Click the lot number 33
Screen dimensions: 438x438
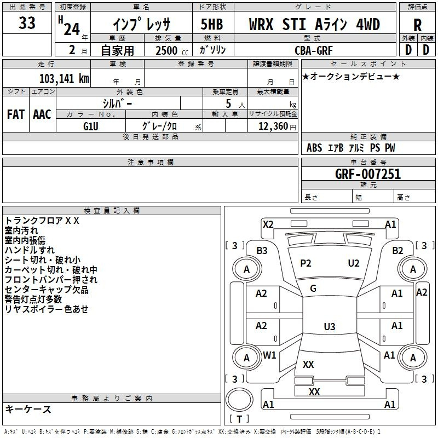coord(27,22)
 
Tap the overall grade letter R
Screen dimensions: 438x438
coord(417,25)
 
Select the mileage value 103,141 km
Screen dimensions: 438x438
coord(64,79)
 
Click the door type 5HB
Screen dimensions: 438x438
coord(212,24)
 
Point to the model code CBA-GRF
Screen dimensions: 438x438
coord(314,50)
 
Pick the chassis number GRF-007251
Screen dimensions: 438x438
coord(368,174)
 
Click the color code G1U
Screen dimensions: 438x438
coord(91,126)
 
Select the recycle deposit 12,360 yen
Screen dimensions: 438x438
coord(277,126)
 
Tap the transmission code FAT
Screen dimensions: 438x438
coord(16,114)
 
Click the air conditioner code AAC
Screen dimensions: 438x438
coord(42,114)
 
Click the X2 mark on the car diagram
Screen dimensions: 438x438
coord(268,224)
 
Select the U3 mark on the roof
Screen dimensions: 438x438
coord(330,326)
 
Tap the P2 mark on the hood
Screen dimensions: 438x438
coord(306,263)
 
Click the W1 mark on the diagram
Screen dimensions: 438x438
coord(269,355)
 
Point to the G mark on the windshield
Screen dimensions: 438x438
coord(313,289)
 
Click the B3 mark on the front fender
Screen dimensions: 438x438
coord(262,251)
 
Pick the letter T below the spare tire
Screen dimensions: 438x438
coord(239,419)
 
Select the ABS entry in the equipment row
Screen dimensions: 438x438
coord(314,148)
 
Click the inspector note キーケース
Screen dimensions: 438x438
coord(28,410)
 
